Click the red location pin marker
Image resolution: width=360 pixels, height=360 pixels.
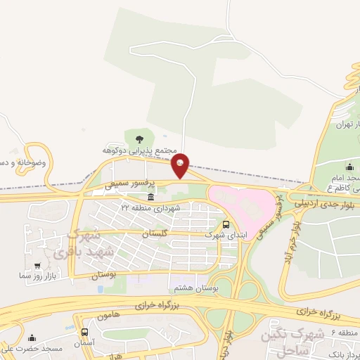coord(181,165)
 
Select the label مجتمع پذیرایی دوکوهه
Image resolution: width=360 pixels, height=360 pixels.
coord(139,151)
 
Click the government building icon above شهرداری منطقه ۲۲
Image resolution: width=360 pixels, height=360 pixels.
coord(150,197)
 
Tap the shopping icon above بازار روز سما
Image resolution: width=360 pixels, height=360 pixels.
coord(36,266)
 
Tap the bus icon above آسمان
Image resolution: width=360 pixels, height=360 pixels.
coord(85,332)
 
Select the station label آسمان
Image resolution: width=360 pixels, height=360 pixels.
coord(85,342)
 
